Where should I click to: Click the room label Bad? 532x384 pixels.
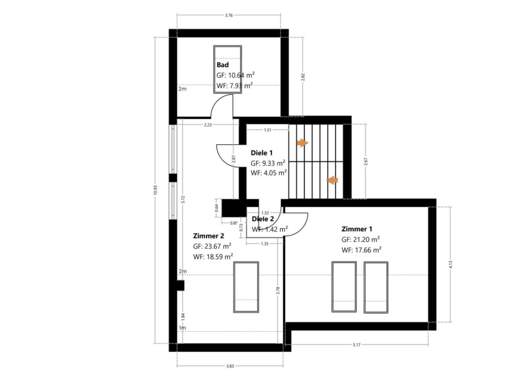[222, 65]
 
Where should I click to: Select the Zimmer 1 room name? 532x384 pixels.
[357, 229]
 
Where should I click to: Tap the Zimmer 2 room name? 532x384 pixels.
[208, 236]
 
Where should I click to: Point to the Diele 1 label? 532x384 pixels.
[262, 153]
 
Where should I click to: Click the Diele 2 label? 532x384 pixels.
[263, 219]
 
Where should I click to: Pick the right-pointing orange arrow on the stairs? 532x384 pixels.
[302, 143]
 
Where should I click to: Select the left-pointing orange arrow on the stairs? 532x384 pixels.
[332, 180]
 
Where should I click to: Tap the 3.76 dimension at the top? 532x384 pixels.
[229, 15]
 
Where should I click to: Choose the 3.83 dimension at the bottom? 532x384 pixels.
[230, 366]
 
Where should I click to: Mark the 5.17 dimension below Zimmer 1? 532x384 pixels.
[357, 344]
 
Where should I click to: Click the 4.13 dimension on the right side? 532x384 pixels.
[450, 265]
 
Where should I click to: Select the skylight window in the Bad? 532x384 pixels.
[227, 70]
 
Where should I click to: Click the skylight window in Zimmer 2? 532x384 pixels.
[246, 287]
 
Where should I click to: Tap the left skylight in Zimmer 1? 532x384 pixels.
[344, 287]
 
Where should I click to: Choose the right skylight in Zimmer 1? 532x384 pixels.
[376, 287]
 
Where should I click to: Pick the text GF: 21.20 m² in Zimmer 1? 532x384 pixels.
[360, 240]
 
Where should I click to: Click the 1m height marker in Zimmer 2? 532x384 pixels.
[182, 328]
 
